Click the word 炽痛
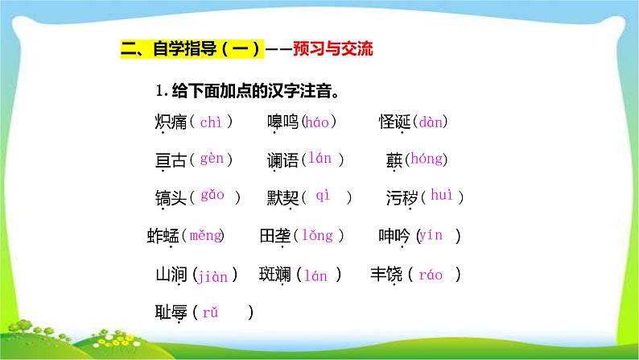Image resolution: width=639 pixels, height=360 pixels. [170, 122]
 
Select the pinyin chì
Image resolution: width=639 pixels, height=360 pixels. [210, 122]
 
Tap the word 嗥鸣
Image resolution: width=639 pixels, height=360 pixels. [282, 122]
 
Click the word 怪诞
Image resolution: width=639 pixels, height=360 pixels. [395, 122]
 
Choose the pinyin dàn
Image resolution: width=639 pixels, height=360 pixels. [431, 122]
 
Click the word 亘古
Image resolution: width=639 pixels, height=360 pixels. [170, 159]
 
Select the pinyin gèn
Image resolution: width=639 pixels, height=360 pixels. [211, 159]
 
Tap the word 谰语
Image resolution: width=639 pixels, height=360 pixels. [282, 159]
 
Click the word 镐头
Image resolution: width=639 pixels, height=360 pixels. [170, 197]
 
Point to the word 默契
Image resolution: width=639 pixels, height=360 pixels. [282, 197]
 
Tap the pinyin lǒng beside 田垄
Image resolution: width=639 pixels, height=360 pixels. [317, 236]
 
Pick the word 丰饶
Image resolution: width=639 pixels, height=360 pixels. [387, 275]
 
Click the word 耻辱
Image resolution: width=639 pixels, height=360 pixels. [170, 312]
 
